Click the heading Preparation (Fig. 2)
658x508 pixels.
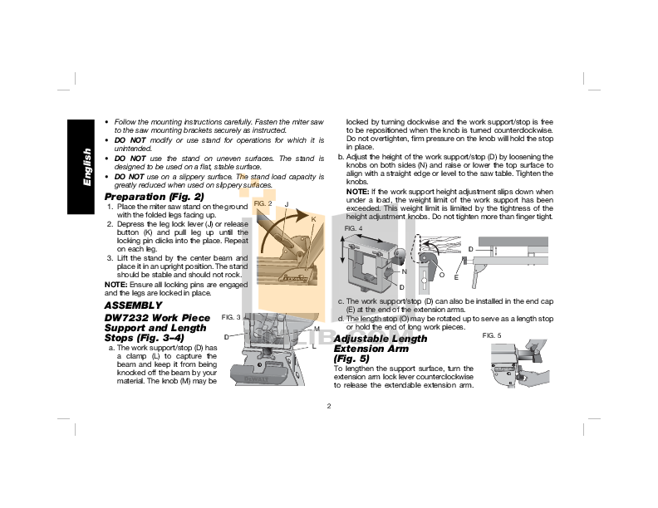point(155,197)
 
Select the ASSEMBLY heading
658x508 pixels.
point(133,305)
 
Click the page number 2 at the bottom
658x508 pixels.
point(329,405)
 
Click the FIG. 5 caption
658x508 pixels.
point(492,335)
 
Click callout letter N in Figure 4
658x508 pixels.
point(404,271)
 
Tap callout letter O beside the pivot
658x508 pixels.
point(441,274)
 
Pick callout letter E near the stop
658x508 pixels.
point(456,277)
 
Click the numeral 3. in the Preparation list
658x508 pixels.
point(110,257)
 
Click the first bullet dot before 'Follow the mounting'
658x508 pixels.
point(107,122)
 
